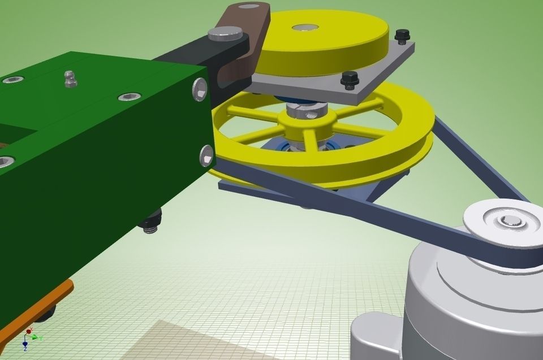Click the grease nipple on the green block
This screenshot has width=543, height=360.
coord(70,79)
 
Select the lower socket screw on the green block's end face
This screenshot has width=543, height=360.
coord(206,155)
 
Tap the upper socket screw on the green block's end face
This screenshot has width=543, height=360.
coord(200,89)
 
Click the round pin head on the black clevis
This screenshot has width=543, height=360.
coord(225,33)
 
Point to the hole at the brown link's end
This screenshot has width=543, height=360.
coord(247,7)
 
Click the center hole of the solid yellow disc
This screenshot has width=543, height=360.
coord(305,28)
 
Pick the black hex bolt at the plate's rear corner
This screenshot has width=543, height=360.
coord(401,35)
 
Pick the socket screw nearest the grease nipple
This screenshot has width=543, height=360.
coord(130,97)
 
